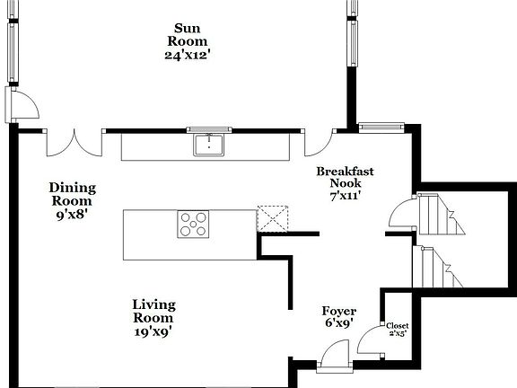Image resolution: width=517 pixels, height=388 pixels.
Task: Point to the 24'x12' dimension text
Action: pos(187,55)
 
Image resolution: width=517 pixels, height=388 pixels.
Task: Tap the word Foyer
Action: pos(339,312)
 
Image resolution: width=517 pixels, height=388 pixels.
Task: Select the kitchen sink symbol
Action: pos(208,145)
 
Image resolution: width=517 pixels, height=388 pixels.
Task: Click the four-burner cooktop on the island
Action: pos(193,224)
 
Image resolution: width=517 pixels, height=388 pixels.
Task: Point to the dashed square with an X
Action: pos(271,219)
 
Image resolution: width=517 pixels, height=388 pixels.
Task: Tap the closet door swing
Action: pos(369,342)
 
